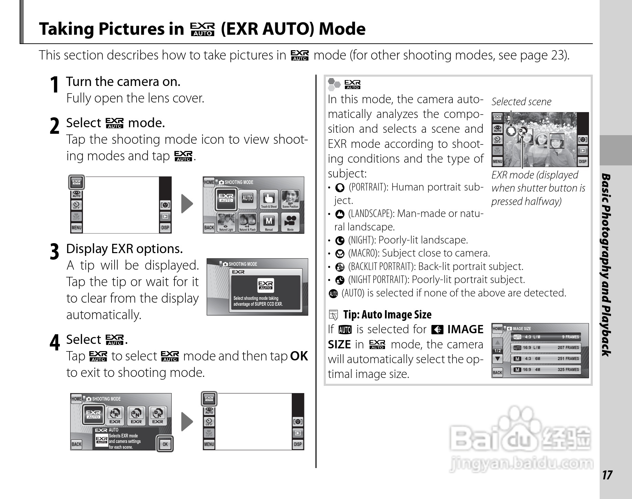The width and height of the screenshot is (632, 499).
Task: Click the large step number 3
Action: pyautogui.click(x=54, y=252)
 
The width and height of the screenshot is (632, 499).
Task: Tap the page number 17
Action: pyautogui.click(x=607, y=475)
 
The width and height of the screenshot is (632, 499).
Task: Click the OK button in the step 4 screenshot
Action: pyautogui.click(x=165, y=444)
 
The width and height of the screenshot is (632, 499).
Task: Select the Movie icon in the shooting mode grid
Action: pyautogui.click(x=290, y=222)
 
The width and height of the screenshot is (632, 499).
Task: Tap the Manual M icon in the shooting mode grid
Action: pyautogui.click(x=269, y=222)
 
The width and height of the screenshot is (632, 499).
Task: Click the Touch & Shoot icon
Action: pyautogui.click(x=269, y=199)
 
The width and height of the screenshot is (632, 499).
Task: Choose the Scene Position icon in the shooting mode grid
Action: pyautogui.click(x=290, y=199)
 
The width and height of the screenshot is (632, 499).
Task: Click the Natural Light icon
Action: pyautogui.click(x=226, y=222)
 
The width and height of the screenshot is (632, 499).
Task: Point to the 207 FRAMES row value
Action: pyautogui.click(x=568, y=348)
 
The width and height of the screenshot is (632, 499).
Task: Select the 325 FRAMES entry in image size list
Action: pyautogui.click(x=568, y=370)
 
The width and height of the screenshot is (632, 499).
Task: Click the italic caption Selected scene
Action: pyautogui.click(x=521, y=102)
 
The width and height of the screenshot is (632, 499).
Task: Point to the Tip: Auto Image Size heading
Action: pyautogui.click(x=387, y=315)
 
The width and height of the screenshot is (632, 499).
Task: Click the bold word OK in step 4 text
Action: pyautogui.click(x=299, y=356)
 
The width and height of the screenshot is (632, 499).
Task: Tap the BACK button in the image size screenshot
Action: pyautogui.click(x=497, y=372)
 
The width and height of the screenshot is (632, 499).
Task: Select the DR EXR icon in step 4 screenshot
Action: pyautogui.click(x=158, y=415)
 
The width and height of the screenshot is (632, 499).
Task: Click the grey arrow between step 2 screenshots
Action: pyautogui.click(x=187, y=204)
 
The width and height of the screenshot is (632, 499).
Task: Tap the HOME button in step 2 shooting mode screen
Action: pyautogui.click(x=209, y=182)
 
